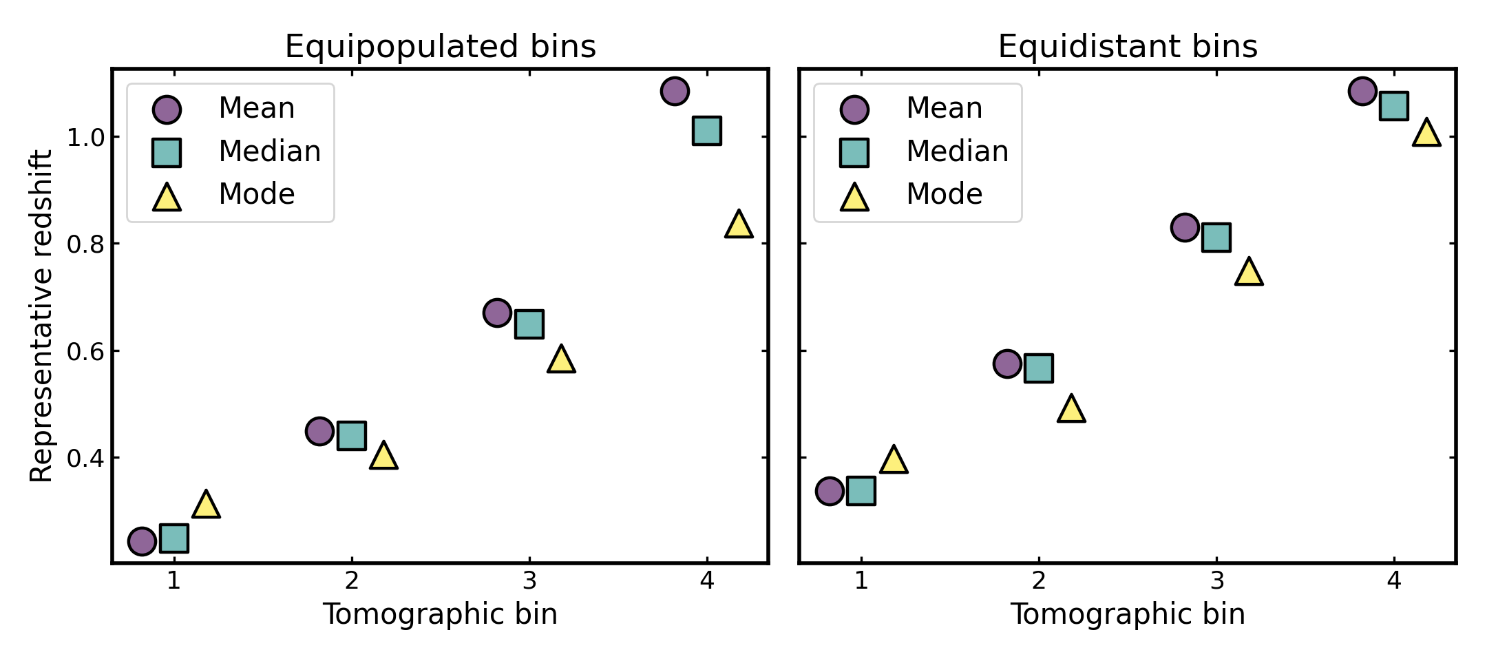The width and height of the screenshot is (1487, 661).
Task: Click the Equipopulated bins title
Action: click(440, 47)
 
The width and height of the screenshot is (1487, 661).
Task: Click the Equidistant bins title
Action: click(1128, 47)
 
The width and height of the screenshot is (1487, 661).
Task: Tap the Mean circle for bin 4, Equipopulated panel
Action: click(675, 91)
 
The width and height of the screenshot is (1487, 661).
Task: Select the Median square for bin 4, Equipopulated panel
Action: click(707, 130)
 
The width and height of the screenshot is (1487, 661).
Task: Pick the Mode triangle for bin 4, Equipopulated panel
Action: click(739, 225)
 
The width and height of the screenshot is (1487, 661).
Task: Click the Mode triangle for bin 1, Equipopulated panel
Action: click(206, 505)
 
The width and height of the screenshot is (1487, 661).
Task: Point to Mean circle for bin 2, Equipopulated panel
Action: click(319, 432)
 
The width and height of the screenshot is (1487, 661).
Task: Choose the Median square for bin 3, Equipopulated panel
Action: click(529, 324)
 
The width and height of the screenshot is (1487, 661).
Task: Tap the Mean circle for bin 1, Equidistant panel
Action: click(830, 491)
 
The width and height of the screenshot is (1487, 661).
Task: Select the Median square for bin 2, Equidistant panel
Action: click(1039, 368)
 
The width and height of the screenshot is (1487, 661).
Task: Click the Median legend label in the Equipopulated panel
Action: click(270, 151)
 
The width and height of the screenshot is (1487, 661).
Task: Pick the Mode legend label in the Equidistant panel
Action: click(945, 194)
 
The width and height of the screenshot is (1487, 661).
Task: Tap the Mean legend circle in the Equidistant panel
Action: click(854, 109)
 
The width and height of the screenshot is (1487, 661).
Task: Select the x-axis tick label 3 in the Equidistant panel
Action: click(1216, 581)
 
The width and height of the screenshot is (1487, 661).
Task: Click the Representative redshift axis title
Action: click(41, 316)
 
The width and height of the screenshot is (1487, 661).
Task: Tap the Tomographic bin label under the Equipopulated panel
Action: click(440, 614)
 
